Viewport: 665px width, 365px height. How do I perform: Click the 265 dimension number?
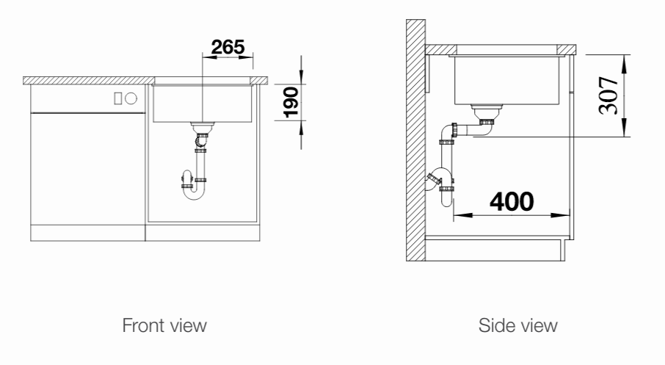pos(228,47)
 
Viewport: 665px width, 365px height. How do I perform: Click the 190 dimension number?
pos(291,102)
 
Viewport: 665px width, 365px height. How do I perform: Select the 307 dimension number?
pos(608,95)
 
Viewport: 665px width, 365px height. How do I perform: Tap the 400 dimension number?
pos(512,201)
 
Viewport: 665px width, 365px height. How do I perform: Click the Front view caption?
pos(164,325)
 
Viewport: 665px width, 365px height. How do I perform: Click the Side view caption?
pos(518,325)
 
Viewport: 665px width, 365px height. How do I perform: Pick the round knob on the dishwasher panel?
pos(131,98)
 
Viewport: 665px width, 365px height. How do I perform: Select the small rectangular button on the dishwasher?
pos(118,98)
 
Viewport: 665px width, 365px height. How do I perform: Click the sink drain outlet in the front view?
pos(203,127)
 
